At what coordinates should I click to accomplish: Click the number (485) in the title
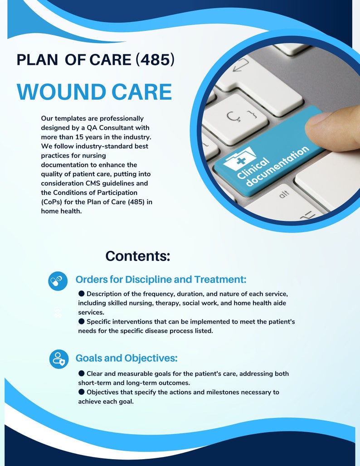pyautogui.click(x=155, y=60)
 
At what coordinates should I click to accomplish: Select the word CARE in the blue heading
pyautogui.click(x=140, y=92)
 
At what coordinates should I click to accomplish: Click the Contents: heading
pyautogui.click(x=138, y=256)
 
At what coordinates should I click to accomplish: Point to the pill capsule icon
pyautogui.click(x=58, y=281)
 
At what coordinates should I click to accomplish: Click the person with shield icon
pyautogui.click(x=59, y=359)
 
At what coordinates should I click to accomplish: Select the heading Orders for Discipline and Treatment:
pyautogui.click(x=161, y=279)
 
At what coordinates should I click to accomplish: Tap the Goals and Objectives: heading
pyautogui.click(x=126, y=358)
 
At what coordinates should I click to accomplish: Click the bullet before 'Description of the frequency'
pyautogui.click(x=82, y=293)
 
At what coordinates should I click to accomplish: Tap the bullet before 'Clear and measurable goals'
pyautogui.click(x=82, y=373)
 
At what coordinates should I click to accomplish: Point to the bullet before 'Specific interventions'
pyautogui.click(x=82, y=321)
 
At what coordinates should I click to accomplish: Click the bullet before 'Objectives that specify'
pyautogui.click(x=82, y=391)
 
